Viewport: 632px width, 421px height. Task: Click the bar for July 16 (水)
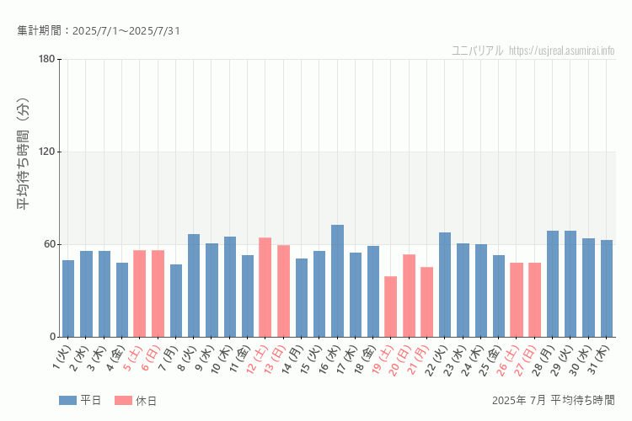[337, 281]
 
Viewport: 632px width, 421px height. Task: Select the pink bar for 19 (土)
[391, 306]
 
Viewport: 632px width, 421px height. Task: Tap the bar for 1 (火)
[68, 299]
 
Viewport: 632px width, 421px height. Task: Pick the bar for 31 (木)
[607, 289]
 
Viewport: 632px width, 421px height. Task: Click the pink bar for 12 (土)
[265, 287]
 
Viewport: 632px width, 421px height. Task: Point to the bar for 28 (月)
[553, 284]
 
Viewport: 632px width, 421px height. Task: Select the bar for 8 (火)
[194, 285]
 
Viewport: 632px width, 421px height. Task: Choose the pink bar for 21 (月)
[427, 302]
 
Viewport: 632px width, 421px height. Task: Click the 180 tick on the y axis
[46, 59]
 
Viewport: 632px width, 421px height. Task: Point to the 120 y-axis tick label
[46, 152]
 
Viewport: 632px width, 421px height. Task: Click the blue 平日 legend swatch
[67, 401]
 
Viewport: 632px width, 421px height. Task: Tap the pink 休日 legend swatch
[123, 401]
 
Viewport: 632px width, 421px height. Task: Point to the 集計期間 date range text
[99, 31]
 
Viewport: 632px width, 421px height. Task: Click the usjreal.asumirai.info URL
[562, 51]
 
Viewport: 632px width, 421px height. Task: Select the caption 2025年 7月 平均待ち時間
[553, 400]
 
